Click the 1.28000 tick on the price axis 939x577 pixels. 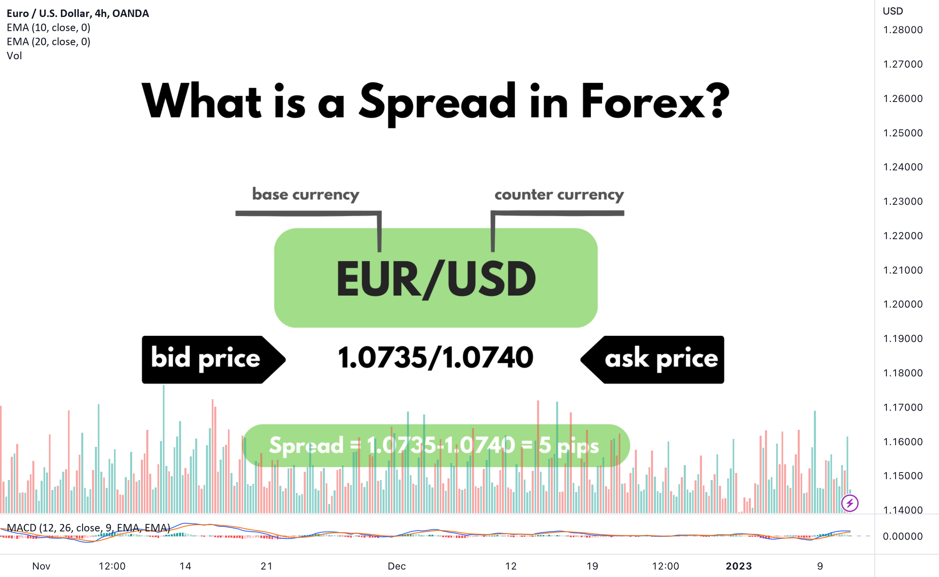pos(903,30)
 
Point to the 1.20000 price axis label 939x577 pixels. pos(903,304)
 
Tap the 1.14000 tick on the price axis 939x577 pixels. pos(903,510)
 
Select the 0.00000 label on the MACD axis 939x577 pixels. pos(903,536)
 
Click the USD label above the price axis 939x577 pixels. pos(893,11)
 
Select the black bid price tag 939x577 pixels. pos(214,359)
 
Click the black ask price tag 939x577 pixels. pos(652,359)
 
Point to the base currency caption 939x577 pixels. pos(306,194)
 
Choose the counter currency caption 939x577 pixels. pos(559,194)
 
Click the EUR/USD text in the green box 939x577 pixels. pos(436,279)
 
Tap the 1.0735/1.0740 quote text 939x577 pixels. pos(436,357)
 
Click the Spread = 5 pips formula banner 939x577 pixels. pos(436,446)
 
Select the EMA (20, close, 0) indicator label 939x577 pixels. pos(48,41)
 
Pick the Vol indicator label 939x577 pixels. pos(15,56)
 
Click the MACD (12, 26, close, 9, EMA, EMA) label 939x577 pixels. pos(89,528)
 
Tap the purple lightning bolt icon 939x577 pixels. pos(850,503)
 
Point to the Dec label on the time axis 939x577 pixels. pos(397,566)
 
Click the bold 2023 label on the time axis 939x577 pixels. pos(739,566)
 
